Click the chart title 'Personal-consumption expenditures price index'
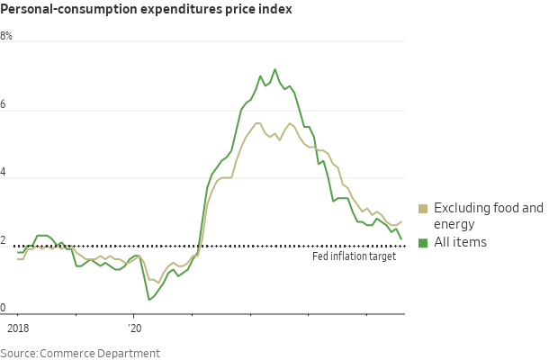pos(146,10)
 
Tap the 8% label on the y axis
pos(6,37)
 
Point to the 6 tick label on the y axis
pos(4,104)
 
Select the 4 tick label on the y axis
pos(4,173)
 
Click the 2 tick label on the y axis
pos(4,240)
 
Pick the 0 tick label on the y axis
pos(4,308)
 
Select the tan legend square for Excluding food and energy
pos(424,208)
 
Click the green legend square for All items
pos(424,242)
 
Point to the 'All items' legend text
pos(461,242)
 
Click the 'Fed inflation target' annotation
pos(354,256)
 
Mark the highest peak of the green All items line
pos(275,69)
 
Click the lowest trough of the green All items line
pos(148,299)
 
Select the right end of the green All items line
pos(401,239)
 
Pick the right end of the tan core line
pos(401,220)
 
